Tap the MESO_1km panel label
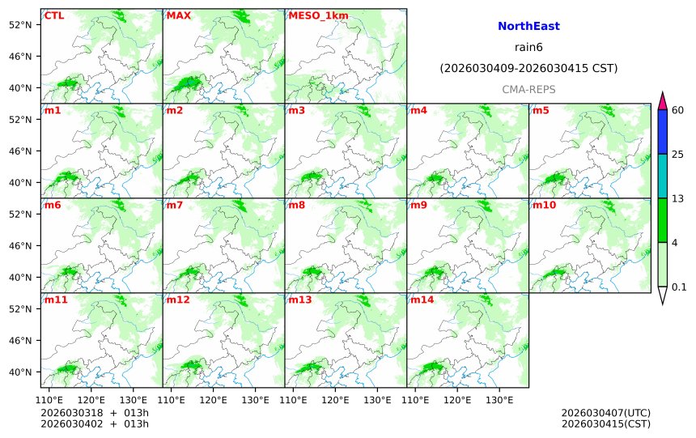[x=312, y=15]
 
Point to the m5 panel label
[x=540, y=110]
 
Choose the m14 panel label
[x=422, y=300]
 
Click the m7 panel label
[x=176, y=205]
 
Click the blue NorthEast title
[x=528, y=27]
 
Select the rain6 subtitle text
[x=528, y=48]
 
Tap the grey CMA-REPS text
[x=528, y=89]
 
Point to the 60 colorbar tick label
[x=678, y=110]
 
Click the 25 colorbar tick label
[x=678, y=155]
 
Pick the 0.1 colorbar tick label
[x=680, y=287]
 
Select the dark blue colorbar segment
[x=662, y=132]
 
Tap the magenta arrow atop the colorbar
[x=662, y=101]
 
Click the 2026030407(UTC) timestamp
[x=605, y=413]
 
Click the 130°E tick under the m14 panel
[x=499, y=399]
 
